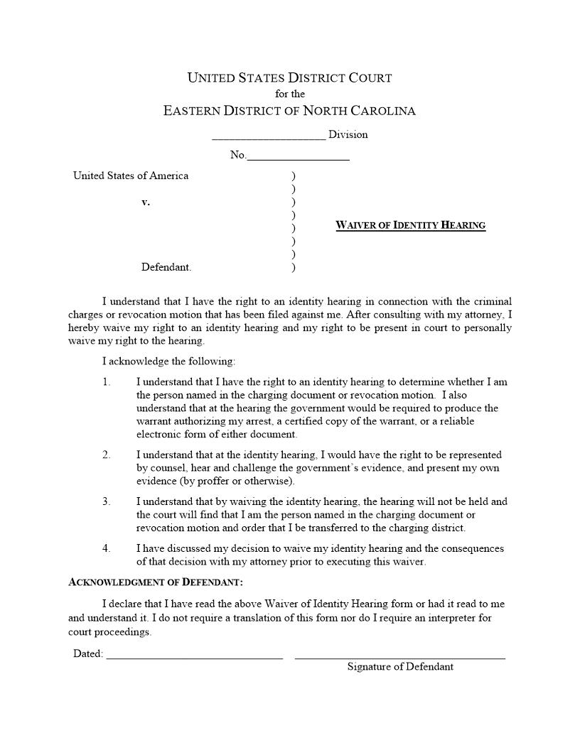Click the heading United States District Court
289,78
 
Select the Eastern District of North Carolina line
289,111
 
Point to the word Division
348,134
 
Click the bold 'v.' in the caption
146,202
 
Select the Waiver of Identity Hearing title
410,226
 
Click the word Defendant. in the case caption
166,268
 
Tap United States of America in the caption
131,176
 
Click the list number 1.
107,382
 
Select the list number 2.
107,455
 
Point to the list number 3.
107,502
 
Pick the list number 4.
107,549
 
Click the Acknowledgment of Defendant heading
156,582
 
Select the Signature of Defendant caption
400,667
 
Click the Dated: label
88,654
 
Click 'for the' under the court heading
289,94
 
